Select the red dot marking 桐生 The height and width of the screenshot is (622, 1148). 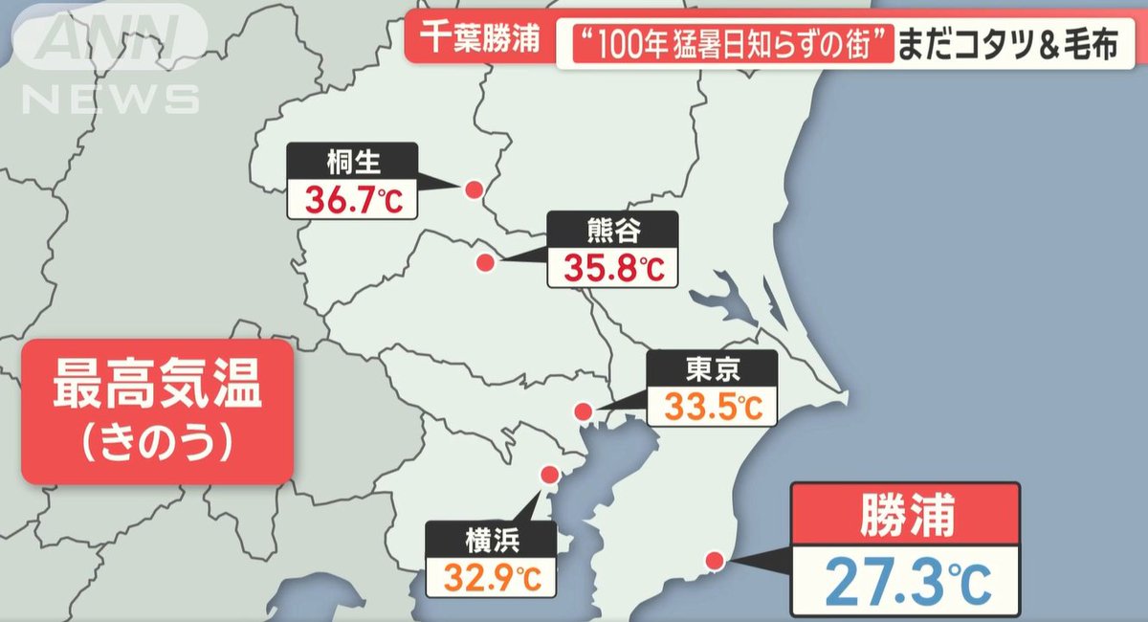coord(472,190)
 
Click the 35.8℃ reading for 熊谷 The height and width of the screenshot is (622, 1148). coord(612,267)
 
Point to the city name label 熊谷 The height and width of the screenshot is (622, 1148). coord(612,230)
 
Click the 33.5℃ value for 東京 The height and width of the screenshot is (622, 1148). coord(713,407)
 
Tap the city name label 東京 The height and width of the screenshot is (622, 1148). coord(713,368)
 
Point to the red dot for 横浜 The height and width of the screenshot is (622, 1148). coord(549,475)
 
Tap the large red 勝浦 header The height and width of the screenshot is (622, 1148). coord(905,517)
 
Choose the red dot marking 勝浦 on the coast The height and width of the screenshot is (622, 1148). coord(714,561)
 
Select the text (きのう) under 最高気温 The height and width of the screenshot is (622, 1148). coord(157,441)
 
